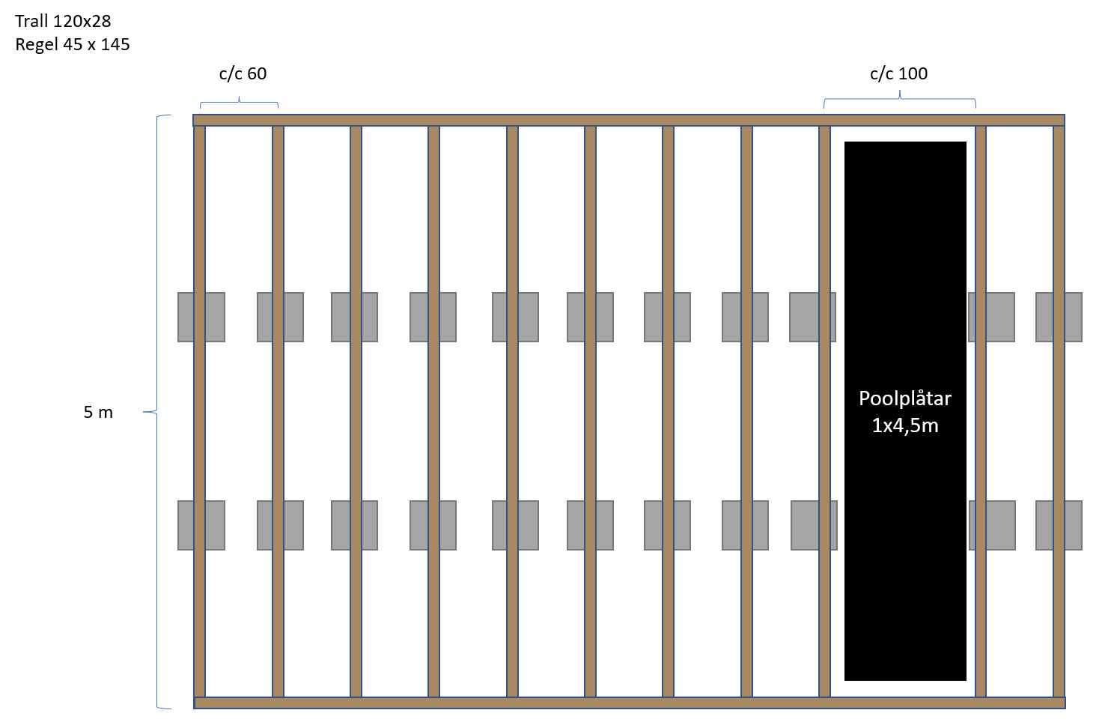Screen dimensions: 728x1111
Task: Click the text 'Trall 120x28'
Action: (63, 21)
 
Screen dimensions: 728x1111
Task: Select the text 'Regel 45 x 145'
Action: (73, 45)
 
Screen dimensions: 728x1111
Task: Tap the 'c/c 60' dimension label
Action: (243, 73)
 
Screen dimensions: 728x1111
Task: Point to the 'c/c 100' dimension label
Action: (898, 73)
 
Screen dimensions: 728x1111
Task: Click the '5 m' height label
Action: (98, 412)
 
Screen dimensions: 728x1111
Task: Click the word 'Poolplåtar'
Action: (904, 398)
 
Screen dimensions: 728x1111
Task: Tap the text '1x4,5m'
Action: (904, 425)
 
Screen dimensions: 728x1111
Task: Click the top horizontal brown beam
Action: (629, 120)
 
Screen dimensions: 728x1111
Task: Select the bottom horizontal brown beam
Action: (629, 703)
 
